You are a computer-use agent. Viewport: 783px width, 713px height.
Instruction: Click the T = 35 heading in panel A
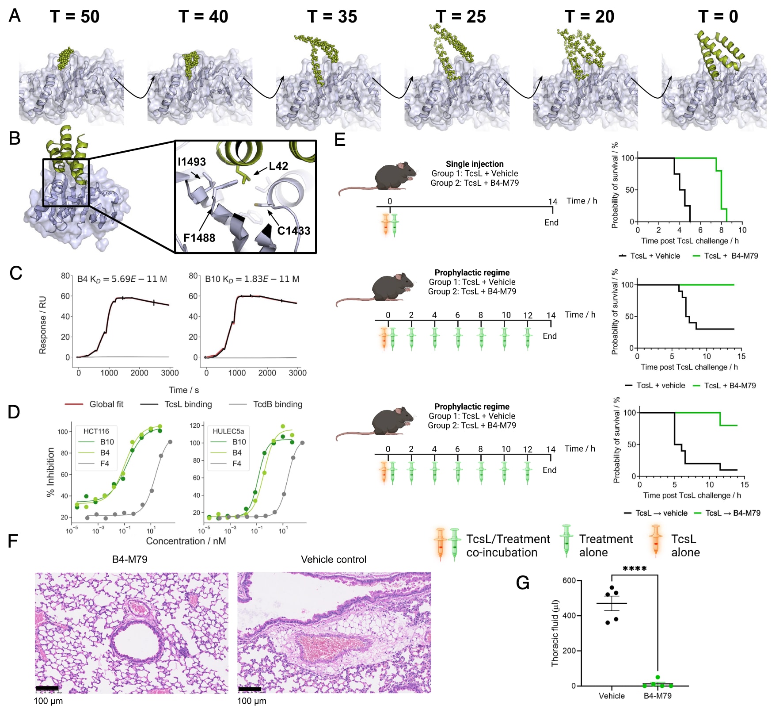tap(332, 17)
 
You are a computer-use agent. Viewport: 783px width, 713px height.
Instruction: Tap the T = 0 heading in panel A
tap(718, 17)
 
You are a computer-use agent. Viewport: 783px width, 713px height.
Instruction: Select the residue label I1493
tap(192, 162)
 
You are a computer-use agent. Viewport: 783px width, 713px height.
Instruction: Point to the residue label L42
tap(278, 166)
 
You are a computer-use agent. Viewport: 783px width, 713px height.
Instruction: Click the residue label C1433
tap(293, 231)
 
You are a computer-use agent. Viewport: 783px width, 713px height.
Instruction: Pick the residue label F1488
tap(199, 238)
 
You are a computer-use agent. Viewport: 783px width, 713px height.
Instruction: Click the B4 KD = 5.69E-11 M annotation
tap(122, 279)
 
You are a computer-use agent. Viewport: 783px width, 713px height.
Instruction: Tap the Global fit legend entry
tap(106, 404)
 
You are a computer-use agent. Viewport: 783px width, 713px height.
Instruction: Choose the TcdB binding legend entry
tap(277, 404)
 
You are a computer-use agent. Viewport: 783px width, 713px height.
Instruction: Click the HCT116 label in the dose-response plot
tap(96, 431)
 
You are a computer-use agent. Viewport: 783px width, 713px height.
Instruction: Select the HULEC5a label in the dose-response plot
tap(228, 431)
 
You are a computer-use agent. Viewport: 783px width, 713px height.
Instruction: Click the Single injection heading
tap(475, 164)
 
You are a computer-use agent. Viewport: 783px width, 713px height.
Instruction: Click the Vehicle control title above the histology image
tap(334, 560)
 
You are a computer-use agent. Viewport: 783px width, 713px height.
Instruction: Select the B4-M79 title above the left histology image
tap(129, 560)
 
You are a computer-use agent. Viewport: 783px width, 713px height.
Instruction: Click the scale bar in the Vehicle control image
tap(250, 689)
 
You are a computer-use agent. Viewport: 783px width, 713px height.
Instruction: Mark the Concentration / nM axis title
tap(186, 541)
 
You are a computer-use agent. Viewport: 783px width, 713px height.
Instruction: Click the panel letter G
tap(523, 583)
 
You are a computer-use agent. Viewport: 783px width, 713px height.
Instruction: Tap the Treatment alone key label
tap(606, 545)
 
